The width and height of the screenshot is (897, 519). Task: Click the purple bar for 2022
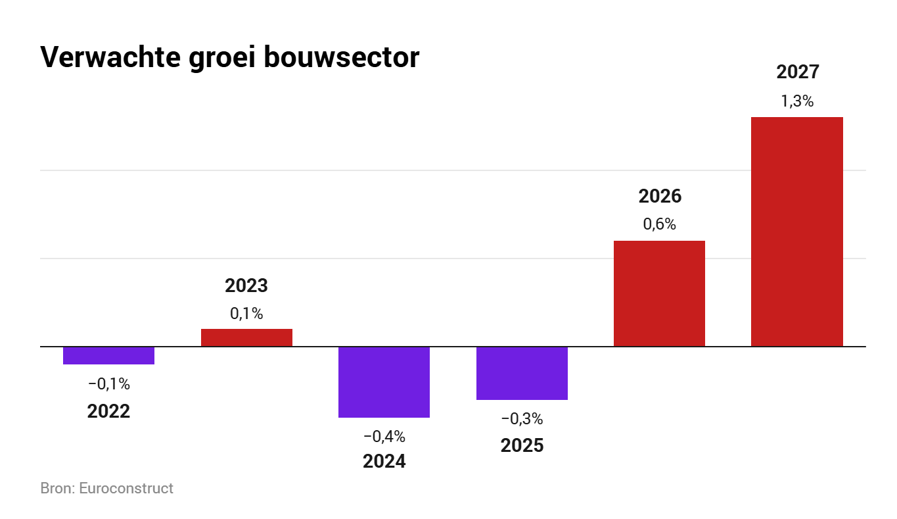coord(108,355)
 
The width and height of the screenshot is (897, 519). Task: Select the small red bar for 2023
coord(246,337)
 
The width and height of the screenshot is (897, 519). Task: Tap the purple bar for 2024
coord(384,382)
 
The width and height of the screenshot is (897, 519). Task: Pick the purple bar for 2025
coord(522,373)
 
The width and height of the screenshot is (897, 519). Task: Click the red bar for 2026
coord(659,293)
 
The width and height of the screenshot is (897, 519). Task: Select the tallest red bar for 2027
coord(796,232)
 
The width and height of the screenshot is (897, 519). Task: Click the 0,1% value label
coord(246,314)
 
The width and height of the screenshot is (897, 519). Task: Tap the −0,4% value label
coord(384,436)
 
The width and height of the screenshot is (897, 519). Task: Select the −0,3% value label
coord(522,418)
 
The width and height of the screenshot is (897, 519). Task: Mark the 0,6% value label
coord(659,224)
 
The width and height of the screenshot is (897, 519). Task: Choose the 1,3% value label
coord(796,101)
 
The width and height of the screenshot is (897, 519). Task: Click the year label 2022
coord(108,411)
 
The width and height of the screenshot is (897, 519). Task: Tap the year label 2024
coord(384,461)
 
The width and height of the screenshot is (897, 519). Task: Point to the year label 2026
coord(659,197)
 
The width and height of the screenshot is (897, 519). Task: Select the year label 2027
coord(797,72)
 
